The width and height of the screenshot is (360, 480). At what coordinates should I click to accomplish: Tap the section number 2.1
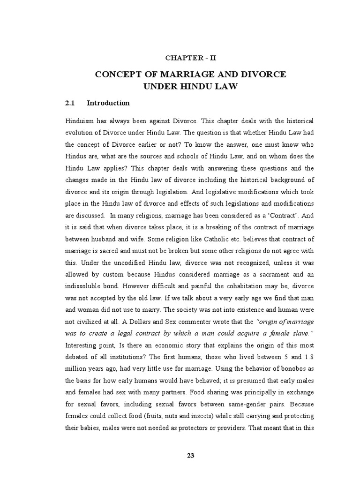pos(70,103)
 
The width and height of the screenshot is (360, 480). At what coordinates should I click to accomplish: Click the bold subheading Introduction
pos(108,103)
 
